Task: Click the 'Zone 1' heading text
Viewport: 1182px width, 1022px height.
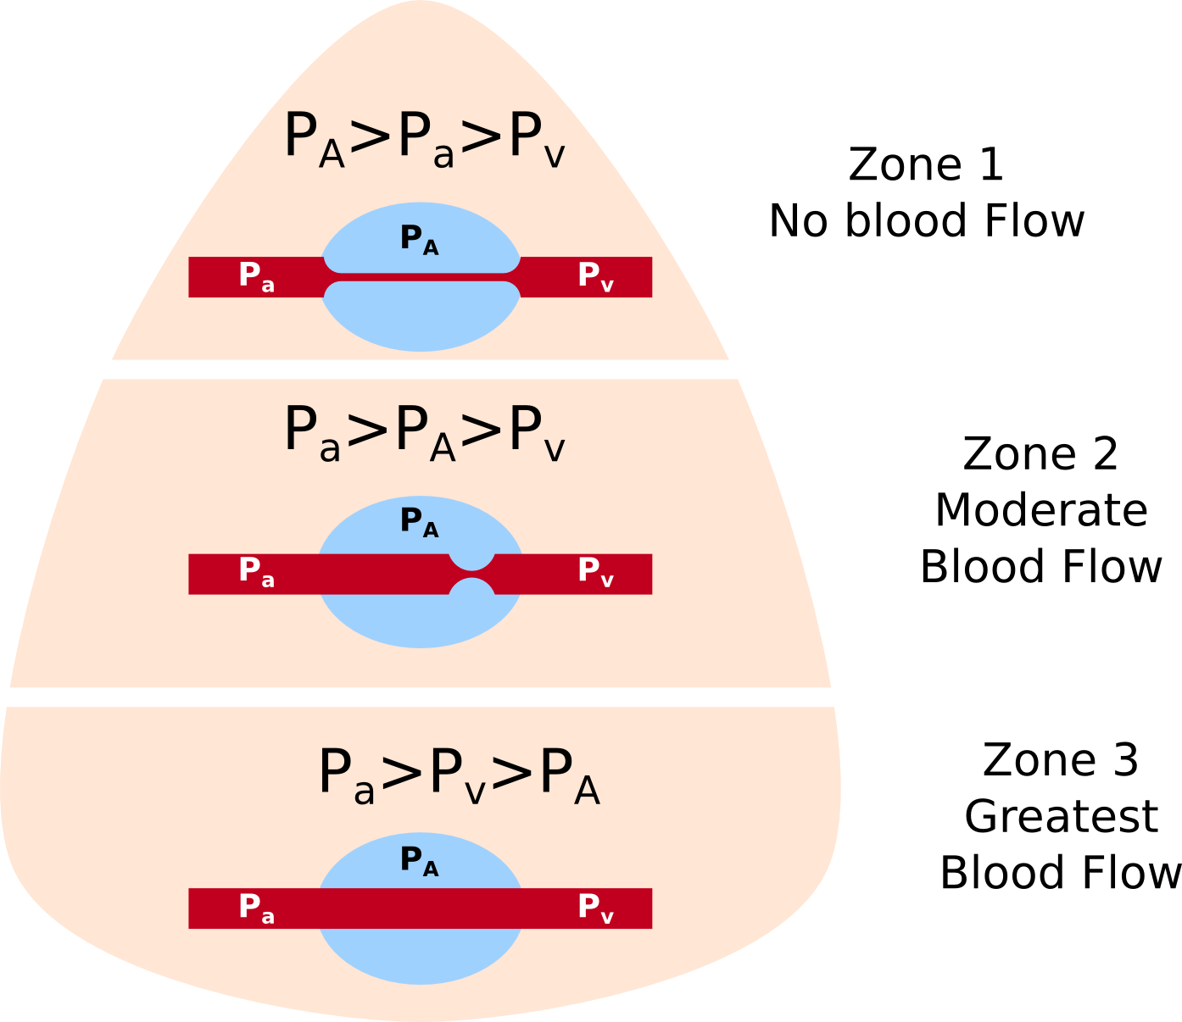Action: click(x=926, y=164)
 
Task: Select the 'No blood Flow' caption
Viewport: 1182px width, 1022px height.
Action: click(x=926, y=220)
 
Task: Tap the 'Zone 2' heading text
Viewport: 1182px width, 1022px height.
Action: click(x=1040, y=454)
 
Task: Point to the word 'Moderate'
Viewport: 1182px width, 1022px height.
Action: click(x=1041, y=510)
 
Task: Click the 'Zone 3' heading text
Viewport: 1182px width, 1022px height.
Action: click(x=1060, y=760)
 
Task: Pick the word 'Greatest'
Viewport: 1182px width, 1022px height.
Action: click(x=1061, y=816)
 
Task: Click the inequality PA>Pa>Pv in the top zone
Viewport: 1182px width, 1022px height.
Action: click(x=424, y=138)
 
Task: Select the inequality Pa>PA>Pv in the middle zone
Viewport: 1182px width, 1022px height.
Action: click(x=424, y=431)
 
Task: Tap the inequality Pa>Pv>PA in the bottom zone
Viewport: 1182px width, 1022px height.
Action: click(x=459, y=775)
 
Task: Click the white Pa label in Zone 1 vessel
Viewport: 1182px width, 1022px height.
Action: click(x=256, y=276)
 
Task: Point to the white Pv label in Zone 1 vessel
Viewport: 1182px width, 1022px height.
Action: click(x=595, y=276)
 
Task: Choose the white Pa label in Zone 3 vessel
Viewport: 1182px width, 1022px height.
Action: click(x=256, y=908)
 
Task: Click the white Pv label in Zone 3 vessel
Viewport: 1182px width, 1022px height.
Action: click(x=595, y=908)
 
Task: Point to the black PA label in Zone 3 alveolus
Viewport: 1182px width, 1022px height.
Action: click(x=420, y=860)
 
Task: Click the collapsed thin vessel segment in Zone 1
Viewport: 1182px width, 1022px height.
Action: click(x=421, y=277)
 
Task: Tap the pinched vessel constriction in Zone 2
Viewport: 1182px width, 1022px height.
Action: click(x=471, y=574)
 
